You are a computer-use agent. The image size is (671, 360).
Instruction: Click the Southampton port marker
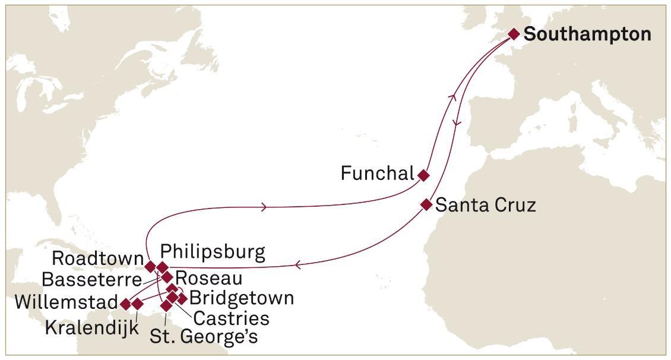click(514, 34)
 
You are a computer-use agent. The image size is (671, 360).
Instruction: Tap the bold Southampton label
click(587, 34)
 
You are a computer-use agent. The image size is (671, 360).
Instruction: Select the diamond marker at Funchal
click(423, 175)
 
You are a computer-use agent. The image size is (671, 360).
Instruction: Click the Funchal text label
click(377, 173)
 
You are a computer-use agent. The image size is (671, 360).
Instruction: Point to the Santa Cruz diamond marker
click(426, 204)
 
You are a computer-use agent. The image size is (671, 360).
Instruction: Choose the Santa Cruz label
click(485, 205)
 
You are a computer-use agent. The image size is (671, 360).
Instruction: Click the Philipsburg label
click(213, 252)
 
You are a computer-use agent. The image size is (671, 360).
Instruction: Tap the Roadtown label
click(97, 258)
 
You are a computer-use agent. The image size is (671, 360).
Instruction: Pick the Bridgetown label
click(241, 298)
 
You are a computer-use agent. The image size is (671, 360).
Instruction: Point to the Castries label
click(232, 318)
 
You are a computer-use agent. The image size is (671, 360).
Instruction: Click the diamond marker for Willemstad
click(125, 304)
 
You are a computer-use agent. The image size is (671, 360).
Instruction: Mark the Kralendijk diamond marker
click(137, 304)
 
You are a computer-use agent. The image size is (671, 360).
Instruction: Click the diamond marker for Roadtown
click(151, 266)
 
